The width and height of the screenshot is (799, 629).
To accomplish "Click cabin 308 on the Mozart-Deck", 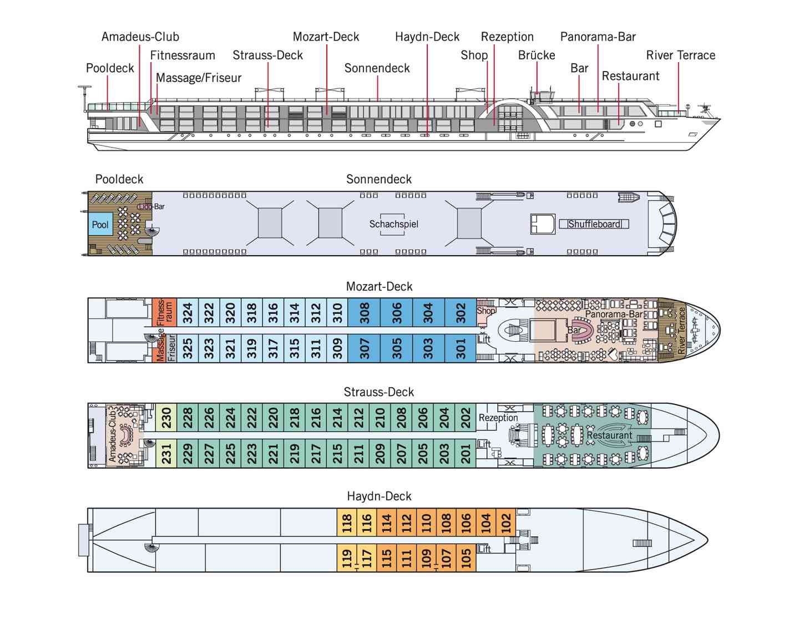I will pyautogui.click(x=365, y=313).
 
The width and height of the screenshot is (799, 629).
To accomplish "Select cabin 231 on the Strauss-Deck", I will pyautogui.click(x=166, y=453).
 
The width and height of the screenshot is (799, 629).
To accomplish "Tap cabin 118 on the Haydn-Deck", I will pyautogui.click(x=347, y=523).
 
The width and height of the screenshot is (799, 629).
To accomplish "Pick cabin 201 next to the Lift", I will pyautogui.click(x=466, y=453).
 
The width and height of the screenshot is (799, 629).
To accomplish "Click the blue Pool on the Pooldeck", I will pyautogui.click(x=100, y=225).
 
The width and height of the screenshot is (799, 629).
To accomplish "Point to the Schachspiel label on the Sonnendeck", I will pyautogui.click(x=393, y=224).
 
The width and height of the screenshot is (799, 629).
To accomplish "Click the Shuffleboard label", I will pyautogui.click(x=594, y=224).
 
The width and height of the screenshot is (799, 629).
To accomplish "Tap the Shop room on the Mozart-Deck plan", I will pyautogui.click(x=486, y=311).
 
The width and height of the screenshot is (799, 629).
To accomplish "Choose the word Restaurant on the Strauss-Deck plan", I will pyautogui.click(x=609, y=435).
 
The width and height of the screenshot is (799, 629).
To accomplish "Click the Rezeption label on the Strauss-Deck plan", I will pyautogui.click(x=498, y=418).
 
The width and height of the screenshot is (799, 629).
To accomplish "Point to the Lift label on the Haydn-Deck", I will pyautogui.click(x=484, y=549).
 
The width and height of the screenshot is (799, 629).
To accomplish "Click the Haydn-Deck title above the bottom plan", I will pyautogui.click(x=379, y=496).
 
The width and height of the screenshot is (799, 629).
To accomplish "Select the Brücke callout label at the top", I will pyautogui.click(x=537, y=55).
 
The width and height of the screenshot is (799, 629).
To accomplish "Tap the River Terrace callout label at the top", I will pyautogui.click(x=680, y=55).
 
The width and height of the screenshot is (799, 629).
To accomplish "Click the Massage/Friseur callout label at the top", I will pyautogui.click(x=199, y=78).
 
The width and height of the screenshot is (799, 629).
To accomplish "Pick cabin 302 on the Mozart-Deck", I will pyautogui.click(x=461, y=313).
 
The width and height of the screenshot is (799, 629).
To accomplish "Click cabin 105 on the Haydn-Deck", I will pyautogui.click(x=466, y=556).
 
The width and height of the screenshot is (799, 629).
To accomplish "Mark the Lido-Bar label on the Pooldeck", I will pyautogui.click(x=152, y=206).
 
